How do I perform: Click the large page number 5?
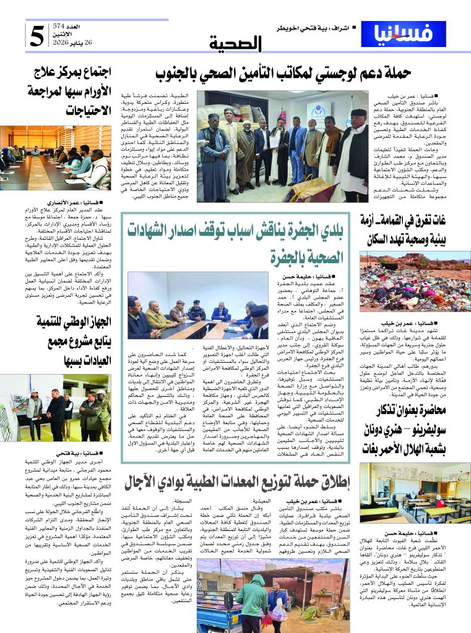point(37,36)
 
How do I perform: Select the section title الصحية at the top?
point(236,43)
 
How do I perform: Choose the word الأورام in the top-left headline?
point(95,93)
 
